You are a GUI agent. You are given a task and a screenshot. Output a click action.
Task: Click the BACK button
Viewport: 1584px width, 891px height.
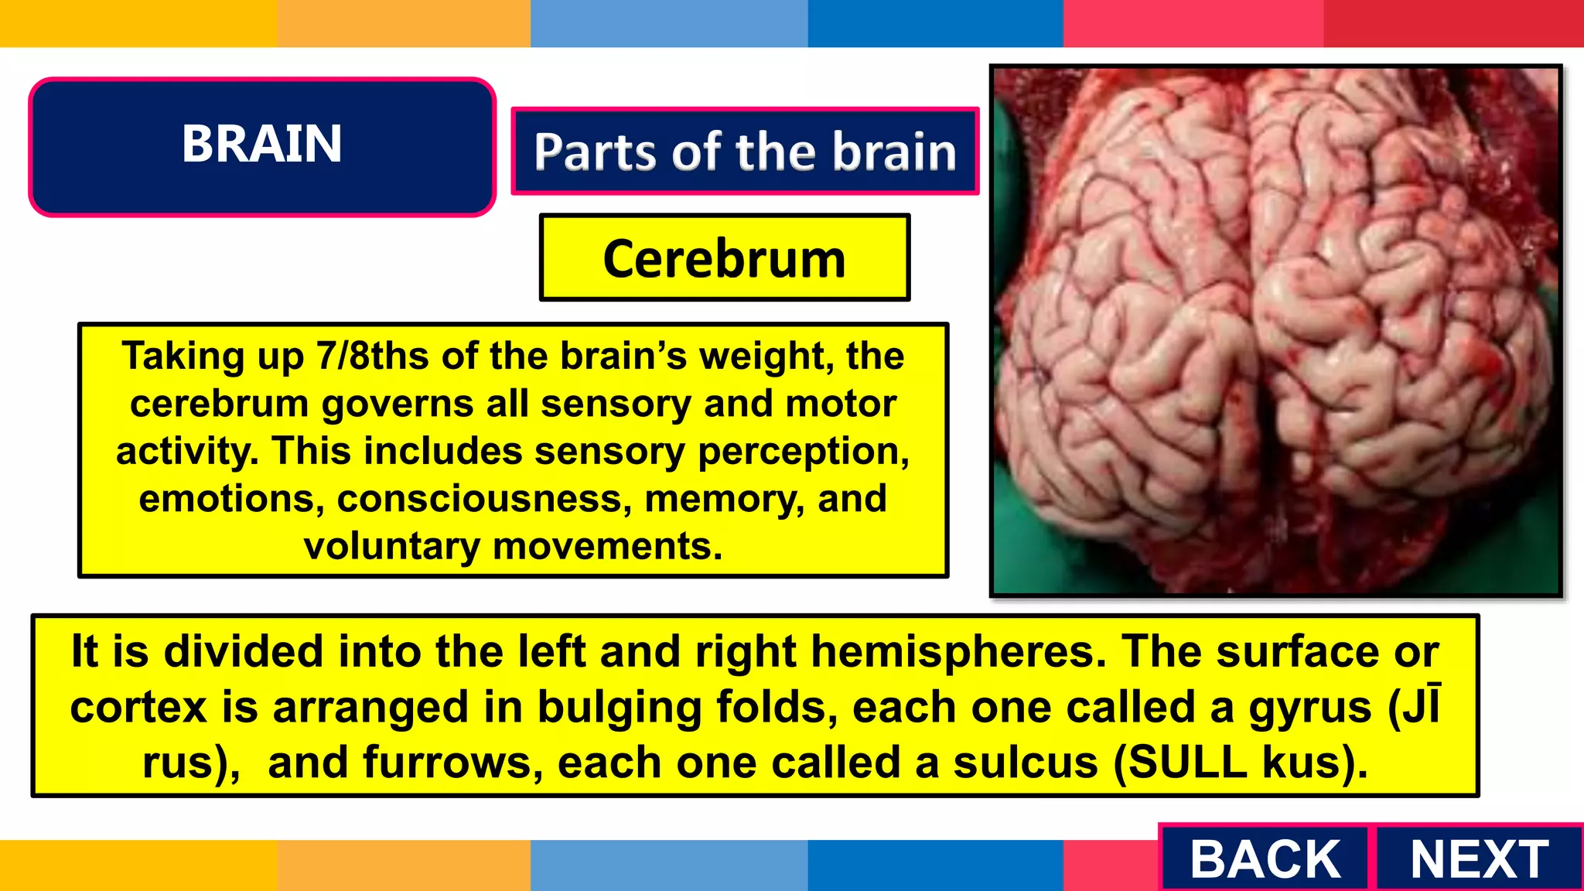(x=1265, y=859)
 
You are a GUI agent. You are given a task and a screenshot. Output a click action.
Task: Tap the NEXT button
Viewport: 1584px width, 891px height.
(x=1479, y=859)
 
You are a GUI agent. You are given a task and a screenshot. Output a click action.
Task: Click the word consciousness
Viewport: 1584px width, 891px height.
(x=480, y=499)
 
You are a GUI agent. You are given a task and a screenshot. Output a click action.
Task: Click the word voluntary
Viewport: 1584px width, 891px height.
(x=391, y=547)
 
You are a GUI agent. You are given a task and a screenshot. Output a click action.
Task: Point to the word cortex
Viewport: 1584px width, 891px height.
(x=138, y=708)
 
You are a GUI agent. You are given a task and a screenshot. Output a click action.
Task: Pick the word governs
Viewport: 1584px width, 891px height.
(x=397, y=405)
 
